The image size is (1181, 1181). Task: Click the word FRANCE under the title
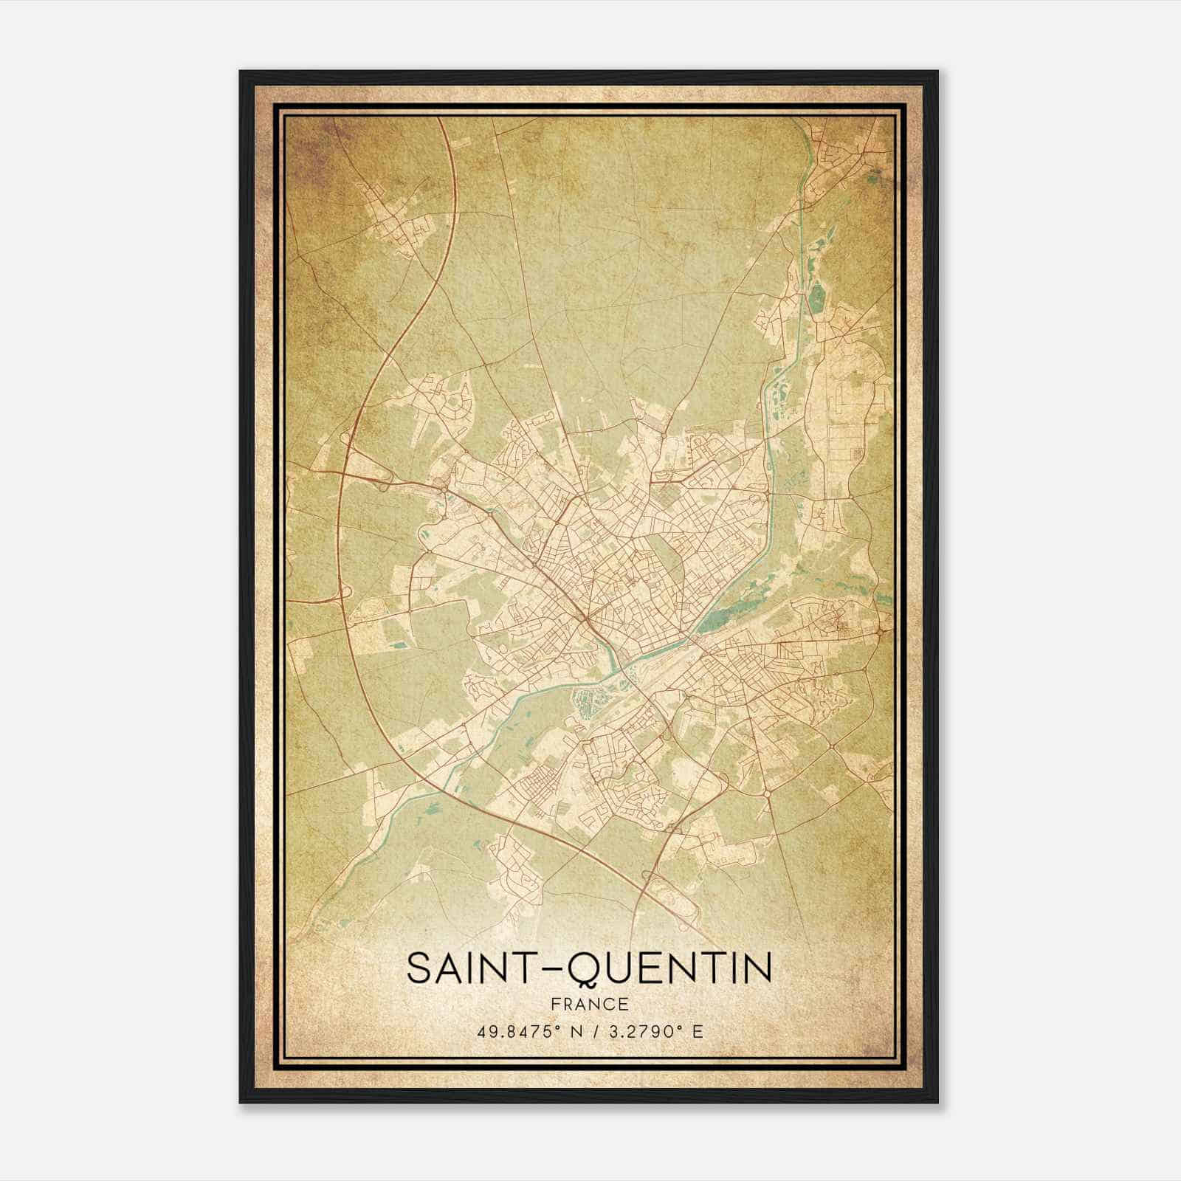590,1005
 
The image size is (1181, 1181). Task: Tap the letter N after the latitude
575,1031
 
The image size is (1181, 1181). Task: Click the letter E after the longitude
697,1031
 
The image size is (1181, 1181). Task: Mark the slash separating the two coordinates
593,1031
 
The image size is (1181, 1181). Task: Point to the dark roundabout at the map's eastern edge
882,633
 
